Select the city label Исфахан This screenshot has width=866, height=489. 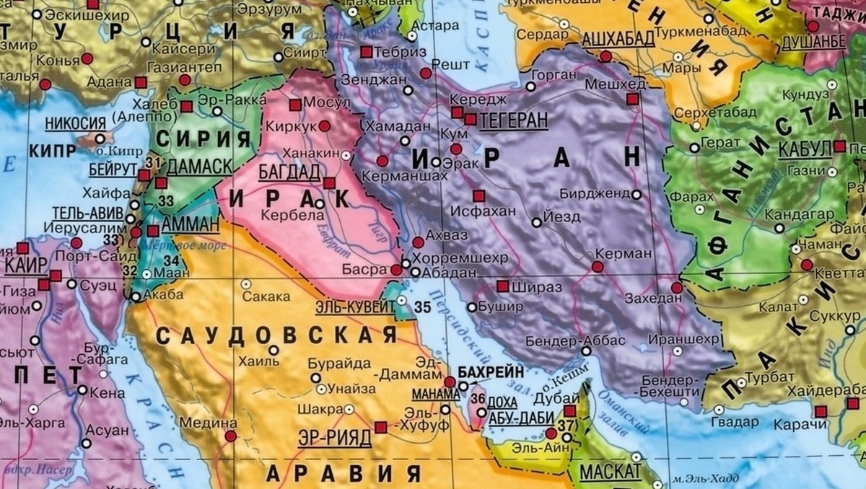pyautogui.click(x=482, y=211)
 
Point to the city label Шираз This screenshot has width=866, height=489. pyautogui.click(x=533, y=286)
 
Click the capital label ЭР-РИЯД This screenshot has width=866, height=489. pyautogui.click(x=334, y=436)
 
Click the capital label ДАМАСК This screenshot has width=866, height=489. pyautogui.click(x=199, y=167)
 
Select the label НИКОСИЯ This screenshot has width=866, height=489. pyautogui.click(x=76, y=123)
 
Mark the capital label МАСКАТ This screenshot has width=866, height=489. pyautogui.click(x=610, y=473)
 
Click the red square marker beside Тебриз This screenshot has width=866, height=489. pyautogui.click(x=366, y=52)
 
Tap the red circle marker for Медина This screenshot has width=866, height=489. pyautogui.click(x=230, y=436)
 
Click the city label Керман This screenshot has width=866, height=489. pyautogui.click(x=623, y=254)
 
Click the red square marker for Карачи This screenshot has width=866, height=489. pyautogui.click(x=821, y=411)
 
